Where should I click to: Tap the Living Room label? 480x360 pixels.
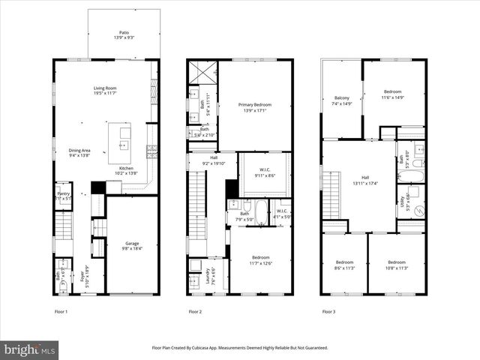(x=106, y=90)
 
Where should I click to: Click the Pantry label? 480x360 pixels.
(x=64, y=196)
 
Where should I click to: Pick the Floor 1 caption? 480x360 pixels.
(x=61, y=311)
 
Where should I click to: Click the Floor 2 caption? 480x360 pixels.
(x=195, y=311)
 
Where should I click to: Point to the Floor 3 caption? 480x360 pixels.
(x=328, y=311)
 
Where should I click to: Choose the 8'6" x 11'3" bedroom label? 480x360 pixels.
(x=344, y=265)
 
